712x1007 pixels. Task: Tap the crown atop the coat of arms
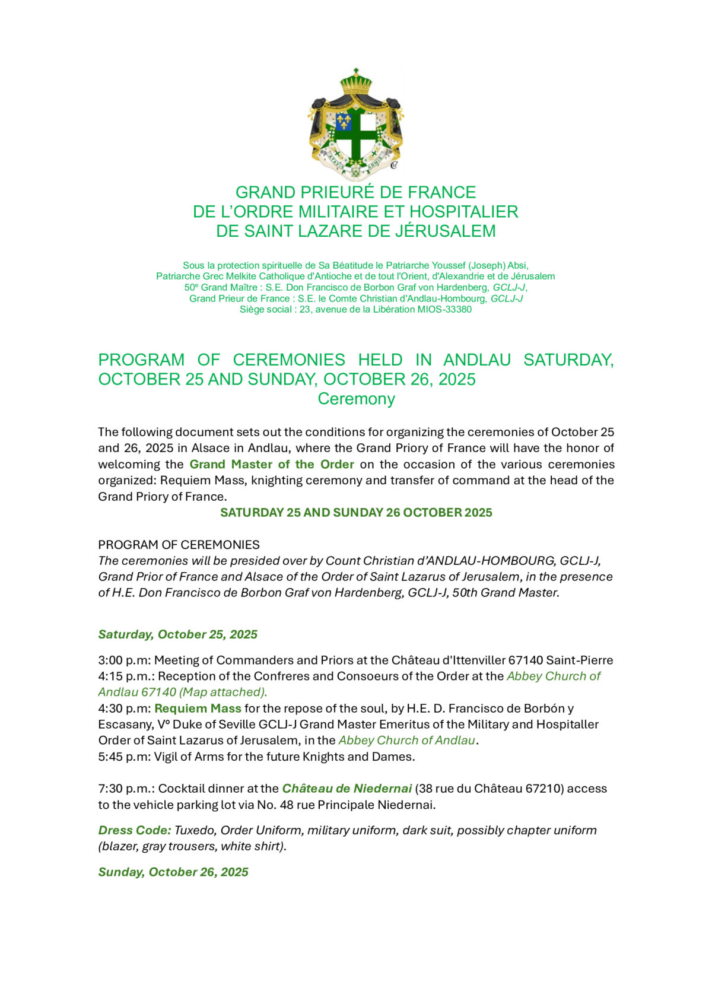(x=355, y=82)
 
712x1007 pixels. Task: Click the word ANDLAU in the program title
(x=477, y=360)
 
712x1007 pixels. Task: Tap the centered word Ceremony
(x=356, y=399)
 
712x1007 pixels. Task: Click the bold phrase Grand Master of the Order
(x=272, y=464)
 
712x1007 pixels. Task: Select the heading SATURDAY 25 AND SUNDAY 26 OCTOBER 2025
(x=356, y=513)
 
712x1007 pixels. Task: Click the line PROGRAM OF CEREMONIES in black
(x=179, y=545)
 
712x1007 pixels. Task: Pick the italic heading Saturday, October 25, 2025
(x=177, y=634)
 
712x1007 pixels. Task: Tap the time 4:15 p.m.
(x=125, y=676)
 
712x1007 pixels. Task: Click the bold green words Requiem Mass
(x=198, y=708)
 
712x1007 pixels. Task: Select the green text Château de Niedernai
(x=347, y=789)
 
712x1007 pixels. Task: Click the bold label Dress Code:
(x=135, y=830)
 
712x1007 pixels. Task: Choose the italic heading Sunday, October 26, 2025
(x=173, y=872)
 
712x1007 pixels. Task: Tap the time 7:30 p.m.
(x=125, y=789)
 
